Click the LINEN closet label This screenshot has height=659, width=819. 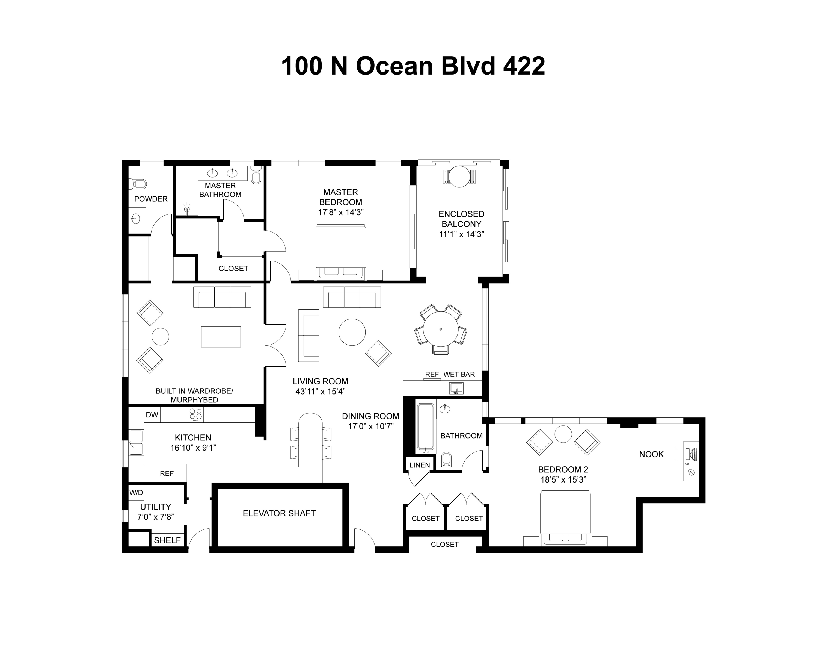tap(419, 465)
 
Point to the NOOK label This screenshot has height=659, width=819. tap(651, 454)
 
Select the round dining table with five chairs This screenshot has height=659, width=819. tap(441, 329)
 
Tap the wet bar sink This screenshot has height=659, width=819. tap(456, 388)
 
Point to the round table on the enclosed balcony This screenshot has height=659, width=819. tap(459, 177)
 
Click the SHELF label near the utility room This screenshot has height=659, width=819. tap(167, 540)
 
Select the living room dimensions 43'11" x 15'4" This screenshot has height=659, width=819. tap(320, 392)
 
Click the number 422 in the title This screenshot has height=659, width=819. tap(524, 66)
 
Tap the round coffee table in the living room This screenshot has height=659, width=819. tap(352, 332)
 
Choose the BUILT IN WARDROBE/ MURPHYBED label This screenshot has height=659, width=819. tap(194, 395)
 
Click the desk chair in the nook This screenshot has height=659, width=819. tap(679, 454)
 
